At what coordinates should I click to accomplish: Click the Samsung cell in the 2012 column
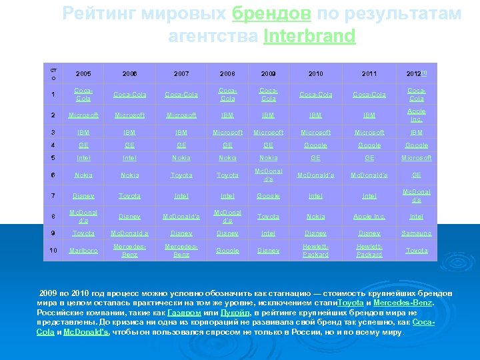pos(417,233)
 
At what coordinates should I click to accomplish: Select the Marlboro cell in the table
pos(83,251)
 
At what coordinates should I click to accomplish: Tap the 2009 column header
pos(269,73)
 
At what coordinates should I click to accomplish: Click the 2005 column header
pos(83,73)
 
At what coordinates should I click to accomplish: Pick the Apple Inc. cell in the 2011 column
pos(369,216)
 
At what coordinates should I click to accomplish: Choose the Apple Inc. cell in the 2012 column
pos(417,115)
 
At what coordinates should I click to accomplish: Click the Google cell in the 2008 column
pos(227,251)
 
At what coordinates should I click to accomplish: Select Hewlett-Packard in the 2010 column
pos(315,251)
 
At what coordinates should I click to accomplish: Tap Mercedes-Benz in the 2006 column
pos(129,251)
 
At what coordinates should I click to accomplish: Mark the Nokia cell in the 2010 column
pos(315,216)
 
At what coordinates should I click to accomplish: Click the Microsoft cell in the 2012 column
pos(417,158)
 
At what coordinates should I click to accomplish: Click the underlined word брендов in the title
pos(272,14)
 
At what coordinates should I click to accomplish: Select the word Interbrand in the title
pos(309,36)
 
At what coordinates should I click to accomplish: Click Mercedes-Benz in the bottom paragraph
pos(403,303)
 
